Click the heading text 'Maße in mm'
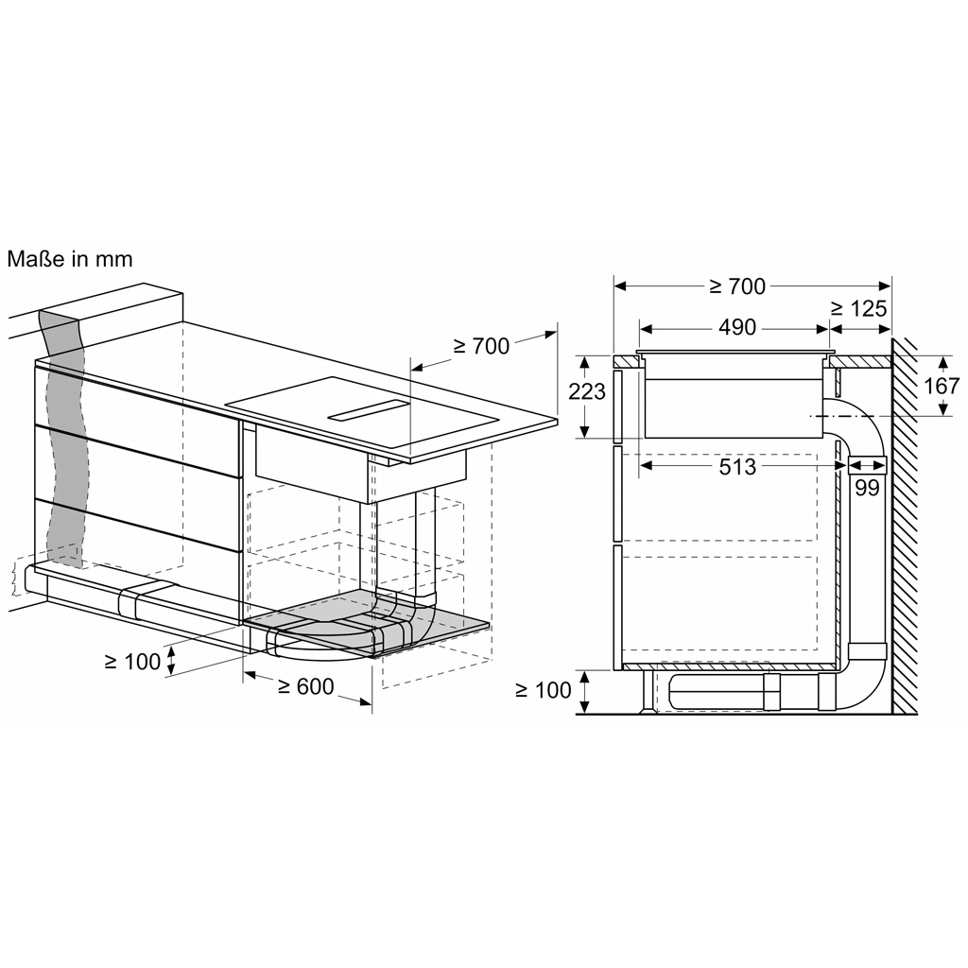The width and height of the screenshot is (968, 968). (70, 259)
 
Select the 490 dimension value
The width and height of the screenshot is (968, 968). (737, 327)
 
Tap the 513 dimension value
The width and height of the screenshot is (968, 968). (737, 467)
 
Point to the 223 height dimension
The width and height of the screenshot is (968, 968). (586, 390)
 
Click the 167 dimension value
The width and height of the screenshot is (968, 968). (941, 386)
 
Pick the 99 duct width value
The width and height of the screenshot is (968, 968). (867, 488)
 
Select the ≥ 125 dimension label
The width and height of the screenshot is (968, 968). (858, 308)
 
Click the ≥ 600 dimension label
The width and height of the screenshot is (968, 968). (305, 686)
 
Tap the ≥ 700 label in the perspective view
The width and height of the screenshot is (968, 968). (481, 346)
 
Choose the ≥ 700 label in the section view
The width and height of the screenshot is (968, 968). (737, 286)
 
